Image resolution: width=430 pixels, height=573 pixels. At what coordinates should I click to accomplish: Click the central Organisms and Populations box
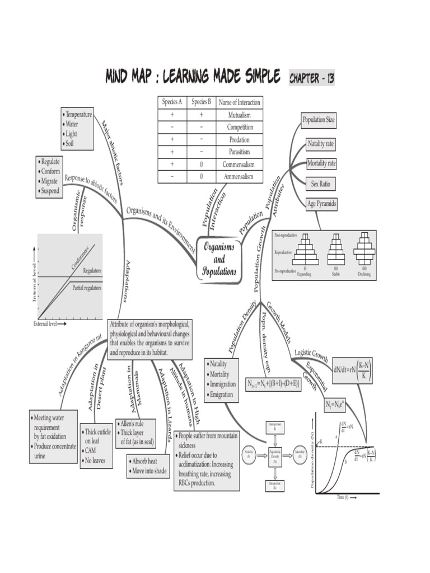pos(219,260)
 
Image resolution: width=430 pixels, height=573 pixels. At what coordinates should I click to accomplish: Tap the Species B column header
pos(201,102)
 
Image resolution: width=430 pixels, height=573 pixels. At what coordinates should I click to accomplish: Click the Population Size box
pos(319,120)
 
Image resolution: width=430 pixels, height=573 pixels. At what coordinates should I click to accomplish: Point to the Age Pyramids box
pos(322,204)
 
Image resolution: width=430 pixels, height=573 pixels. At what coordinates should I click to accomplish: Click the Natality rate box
pos(321,144)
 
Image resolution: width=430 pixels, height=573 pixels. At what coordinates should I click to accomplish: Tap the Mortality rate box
pos(321,163)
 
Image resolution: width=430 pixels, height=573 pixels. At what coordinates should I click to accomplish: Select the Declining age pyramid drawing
pos(364,251)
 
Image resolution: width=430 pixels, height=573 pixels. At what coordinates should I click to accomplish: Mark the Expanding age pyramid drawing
pos(305,251)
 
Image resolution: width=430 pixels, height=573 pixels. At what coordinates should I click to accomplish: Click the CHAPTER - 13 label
pos(312,78)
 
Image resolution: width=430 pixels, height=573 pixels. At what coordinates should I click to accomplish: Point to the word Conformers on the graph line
pos(80,257)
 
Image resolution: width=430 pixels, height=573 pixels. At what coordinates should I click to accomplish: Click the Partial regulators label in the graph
pos(87,288)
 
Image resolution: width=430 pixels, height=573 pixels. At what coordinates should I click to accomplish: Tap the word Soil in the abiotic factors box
pos(71,144)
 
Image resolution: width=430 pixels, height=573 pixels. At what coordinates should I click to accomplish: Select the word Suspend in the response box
pos(50,191)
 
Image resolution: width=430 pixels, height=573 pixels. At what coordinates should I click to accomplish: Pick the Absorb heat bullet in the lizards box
pos(144,461)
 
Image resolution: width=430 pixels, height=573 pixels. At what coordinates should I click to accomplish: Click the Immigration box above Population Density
pos(275,427)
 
